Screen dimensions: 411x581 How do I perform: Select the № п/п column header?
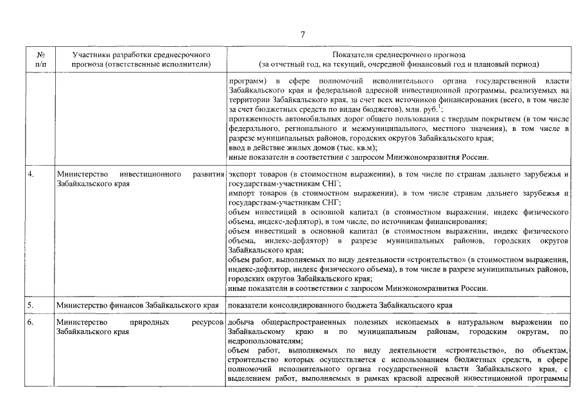[x=40, y=60]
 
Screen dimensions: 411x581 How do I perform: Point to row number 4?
[x=30, y=175]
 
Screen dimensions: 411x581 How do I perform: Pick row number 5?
[x=30, y=304]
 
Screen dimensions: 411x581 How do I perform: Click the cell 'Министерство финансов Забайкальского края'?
[x=138, y=305]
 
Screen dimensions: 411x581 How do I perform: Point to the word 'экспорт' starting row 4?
[x=241, y=175]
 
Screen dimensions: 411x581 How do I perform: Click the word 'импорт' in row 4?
[x=241, y=193]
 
